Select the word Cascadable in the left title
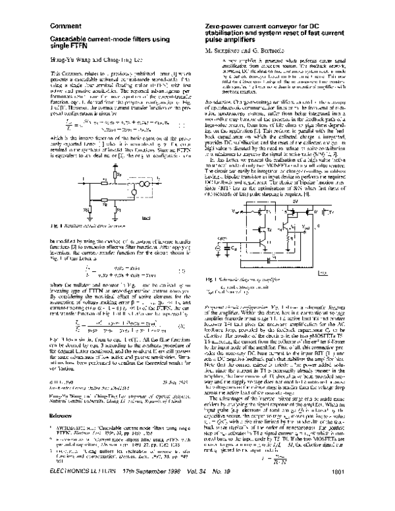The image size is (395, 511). tap(63, 40)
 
